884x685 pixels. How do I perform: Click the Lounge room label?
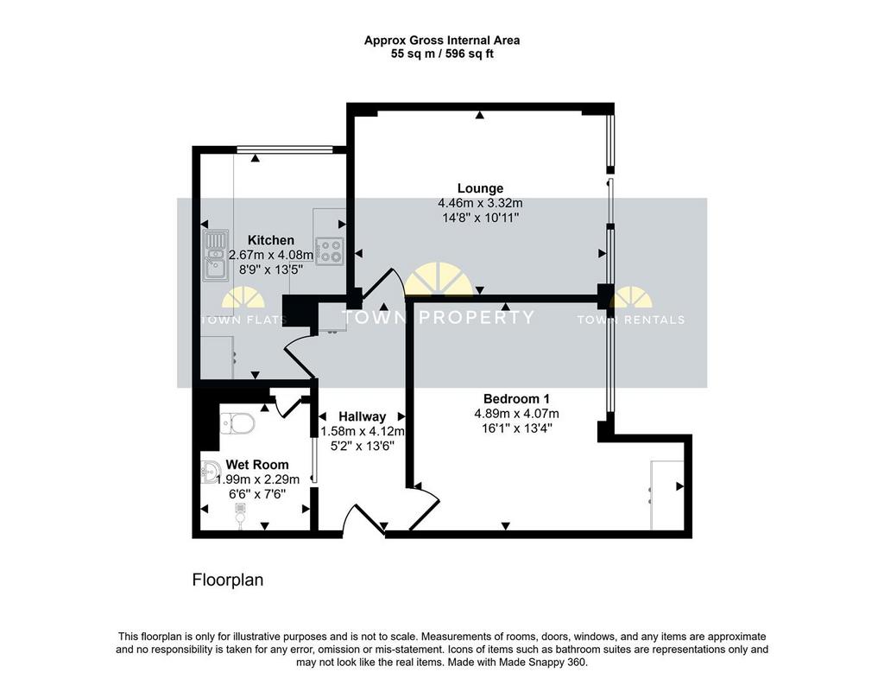point(480,188)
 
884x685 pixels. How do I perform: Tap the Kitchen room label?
point(271,240)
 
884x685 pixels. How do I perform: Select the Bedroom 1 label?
point(516,399)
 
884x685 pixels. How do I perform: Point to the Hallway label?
point(362,417)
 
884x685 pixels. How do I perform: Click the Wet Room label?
point(257,465)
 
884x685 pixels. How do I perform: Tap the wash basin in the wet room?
point(211,472)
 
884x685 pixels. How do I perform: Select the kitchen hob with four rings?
point(330,251)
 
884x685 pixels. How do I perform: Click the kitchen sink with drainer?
point(215,255)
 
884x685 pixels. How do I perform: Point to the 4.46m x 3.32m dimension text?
point(480,203)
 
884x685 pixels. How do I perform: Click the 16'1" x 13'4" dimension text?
point(516,428)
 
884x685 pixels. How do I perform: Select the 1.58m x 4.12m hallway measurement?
point(363,432)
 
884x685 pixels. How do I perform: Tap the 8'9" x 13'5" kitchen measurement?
point(271,270)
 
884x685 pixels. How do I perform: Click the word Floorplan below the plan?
point(228,580)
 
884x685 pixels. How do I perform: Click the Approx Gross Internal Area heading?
point(442,40)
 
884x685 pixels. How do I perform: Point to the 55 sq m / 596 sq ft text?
point(442,54)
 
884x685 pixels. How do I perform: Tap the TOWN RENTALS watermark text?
point(631,320)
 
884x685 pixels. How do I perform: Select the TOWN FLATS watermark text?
point(243,320)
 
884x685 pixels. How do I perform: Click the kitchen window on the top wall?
point(285,149)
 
